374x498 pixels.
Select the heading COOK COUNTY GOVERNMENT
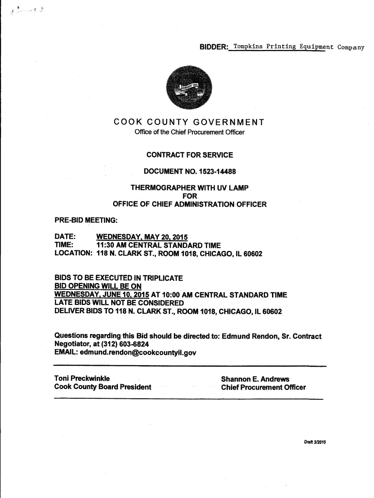click(x=189, y=122)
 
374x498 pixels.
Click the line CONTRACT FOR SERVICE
click(x=189, y=155)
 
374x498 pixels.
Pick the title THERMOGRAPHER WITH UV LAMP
click(x=189, y=188)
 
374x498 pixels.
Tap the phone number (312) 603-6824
click(x=115, y=344)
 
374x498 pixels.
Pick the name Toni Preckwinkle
click(x=82, y=379)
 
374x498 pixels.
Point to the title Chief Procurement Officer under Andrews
click(x=263, y=387)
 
